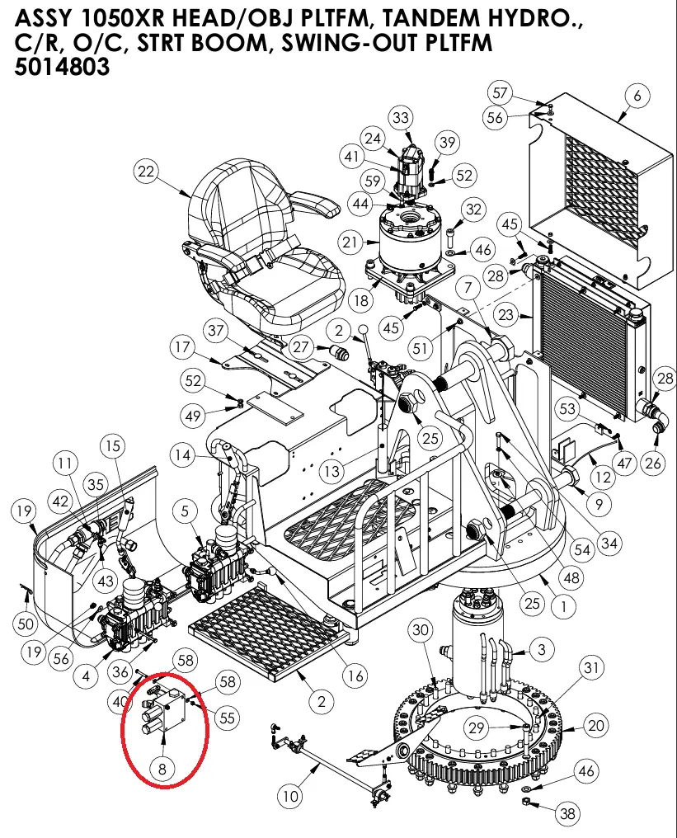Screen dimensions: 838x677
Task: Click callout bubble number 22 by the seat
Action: click(x=146, y=172)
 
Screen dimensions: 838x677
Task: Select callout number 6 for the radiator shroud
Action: click(x=637, y=96)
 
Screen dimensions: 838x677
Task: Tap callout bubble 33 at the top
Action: click(x=401, y=119)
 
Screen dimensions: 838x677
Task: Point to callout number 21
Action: click(x=351, y=242)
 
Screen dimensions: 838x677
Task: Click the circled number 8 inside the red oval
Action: click(x=162, y=769)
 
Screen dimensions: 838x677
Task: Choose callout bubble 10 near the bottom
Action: click(x=289, y=796)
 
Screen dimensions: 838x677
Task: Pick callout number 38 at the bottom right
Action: click(x=567, y=814)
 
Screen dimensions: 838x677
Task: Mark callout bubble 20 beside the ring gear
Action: click(x=595, y=725)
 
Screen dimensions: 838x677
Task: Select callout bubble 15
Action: click(x=112, y=446)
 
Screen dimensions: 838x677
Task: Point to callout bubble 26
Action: click(x=653, y=463)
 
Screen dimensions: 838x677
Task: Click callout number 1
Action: click(x=562, y=607)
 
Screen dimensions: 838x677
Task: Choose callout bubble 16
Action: click(x=355, y=676)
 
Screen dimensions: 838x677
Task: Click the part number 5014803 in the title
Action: click(x=63, y=68)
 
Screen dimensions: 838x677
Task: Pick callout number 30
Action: click(x=421, y=631)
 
